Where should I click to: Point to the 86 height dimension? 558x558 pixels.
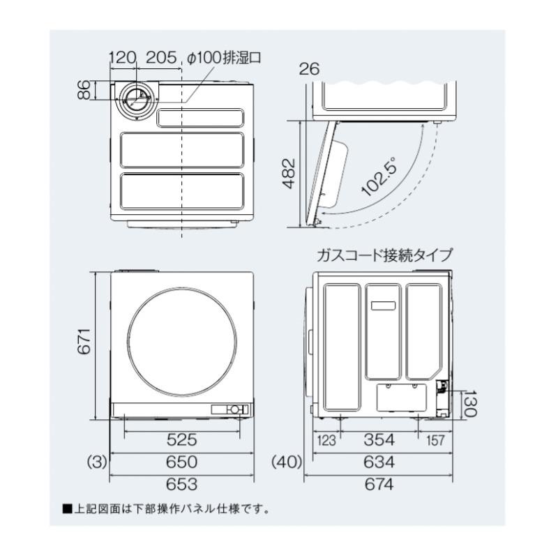[84, 91]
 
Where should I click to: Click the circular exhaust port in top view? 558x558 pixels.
[133, 102]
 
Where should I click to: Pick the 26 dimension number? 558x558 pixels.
[308, 68]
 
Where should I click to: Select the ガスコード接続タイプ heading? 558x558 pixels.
[384, 255]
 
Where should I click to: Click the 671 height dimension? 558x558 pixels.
[84, 343]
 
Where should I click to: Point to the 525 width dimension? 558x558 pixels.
[182, 440]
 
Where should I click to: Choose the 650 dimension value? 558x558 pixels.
[182, 462]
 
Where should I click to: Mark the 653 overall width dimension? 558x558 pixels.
[182, 484]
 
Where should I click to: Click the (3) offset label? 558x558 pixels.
[96, 462]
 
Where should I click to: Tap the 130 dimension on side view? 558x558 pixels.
[469, 404]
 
